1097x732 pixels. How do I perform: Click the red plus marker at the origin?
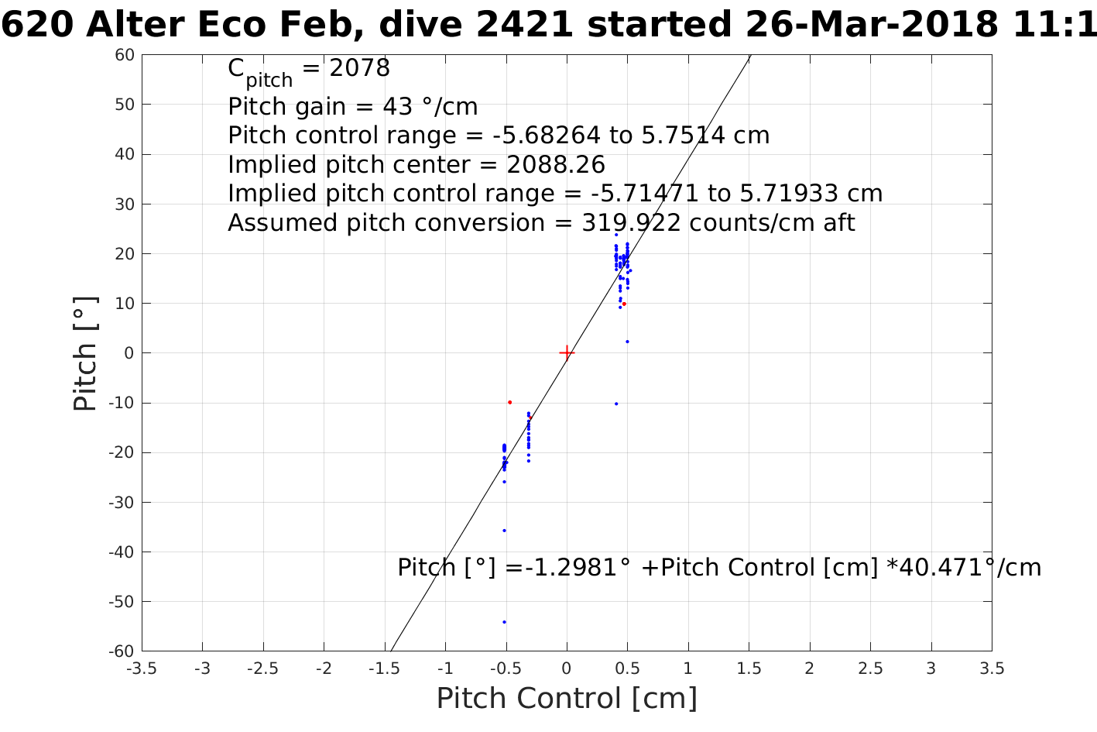click(567, 353)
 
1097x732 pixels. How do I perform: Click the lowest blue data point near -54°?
click(504, 622)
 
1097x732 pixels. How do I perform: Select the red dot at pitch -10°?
click(509, 402)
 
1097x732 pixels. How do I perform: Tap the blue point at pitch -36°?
click(504, 531)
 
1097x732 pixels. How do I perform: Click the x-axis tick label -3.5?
click(141, 668)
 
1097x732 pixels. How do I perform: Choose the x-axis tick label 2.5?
click(870, 668)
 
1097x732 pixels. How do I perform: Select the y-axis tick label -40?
click(122, 552)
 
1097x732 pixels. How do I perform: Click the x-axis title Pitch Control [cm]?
click(567, 699)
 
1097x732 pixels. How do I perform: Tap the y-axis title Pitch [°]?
click(85, 353)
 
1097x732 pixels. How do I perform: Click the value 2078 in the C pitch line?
click(359, 69)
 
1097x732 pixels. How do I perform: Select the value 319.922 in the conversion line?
click(631, 223)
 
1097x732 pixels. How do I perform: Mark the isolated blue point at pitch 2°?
click(627, 342)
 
